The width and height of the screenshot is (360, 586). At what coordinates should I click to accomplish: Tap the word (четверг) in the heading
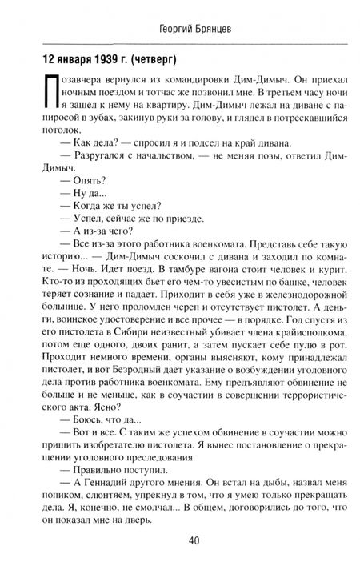pos(147,59)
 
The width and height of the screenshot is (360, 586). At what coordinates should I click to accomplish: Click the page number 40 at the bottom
pos(180,562)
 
